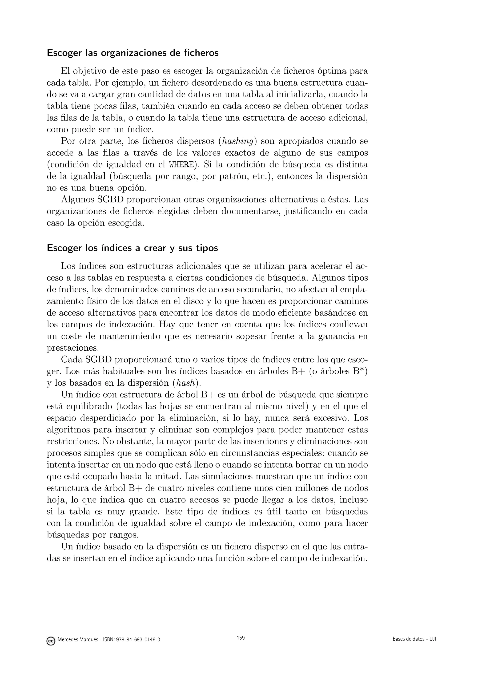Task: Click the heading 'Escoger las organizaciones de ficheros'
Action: point(133,53)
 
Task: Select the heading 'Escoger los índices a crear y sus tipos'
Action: point(132,248)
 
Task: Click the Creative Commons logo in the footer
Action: point(51,640)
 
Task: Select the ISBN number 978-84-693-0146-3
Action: point(140,640)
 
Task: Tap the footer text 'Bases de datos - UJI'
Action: point(414,639)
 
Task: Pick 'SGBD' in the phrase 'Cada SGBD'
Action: point(98,360)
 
